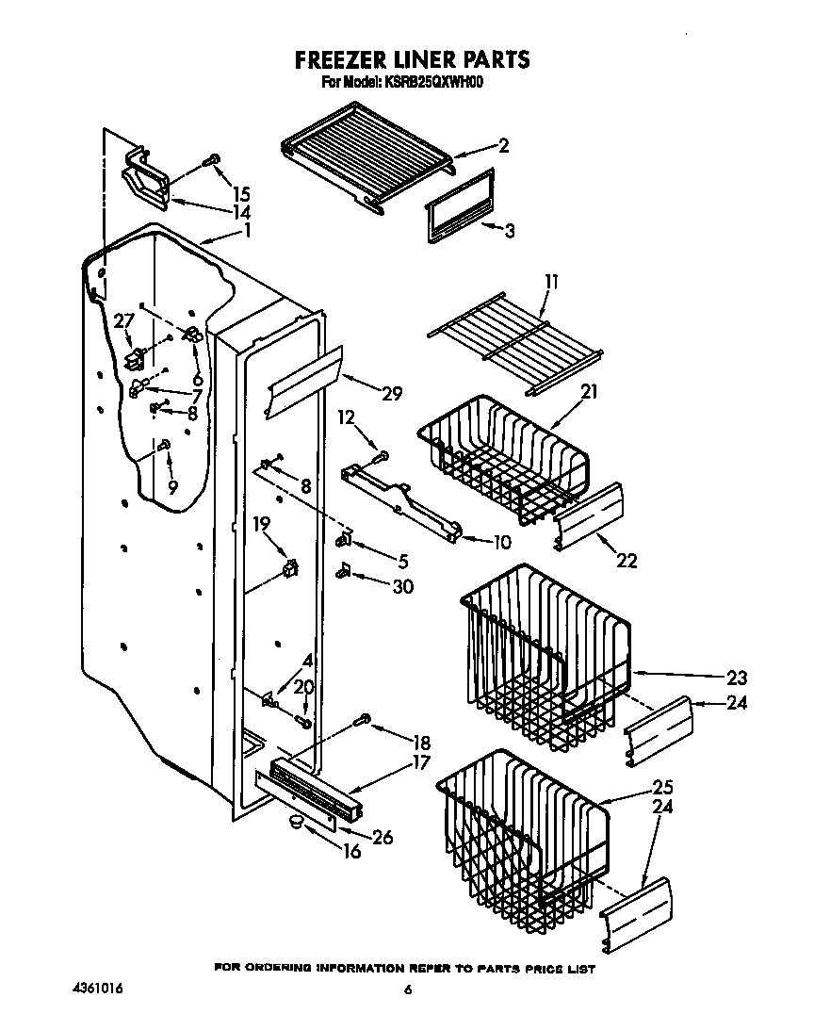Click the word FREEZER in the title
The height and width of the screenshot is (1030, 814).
pos(334,60)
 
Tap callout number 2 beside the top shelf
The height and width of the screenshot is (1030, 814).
pos(504,145)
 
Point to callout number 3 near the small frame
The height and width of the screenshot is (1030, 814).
pos(509,229)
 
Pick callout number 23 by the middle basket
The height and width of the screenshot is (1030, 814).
pos(737,677)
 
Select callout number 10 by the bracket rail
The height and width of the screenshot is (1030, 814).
pos(501,542)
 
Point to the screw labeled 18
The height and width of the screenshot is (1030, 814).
pos(363,721)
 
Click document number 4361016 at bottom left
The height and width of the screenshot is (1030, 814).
pos(98,989)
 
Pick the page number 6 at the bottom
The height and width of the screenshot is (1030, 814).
pos(408,989)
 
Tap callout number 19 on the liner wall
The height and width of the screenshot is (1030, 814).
pos(262,524)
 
